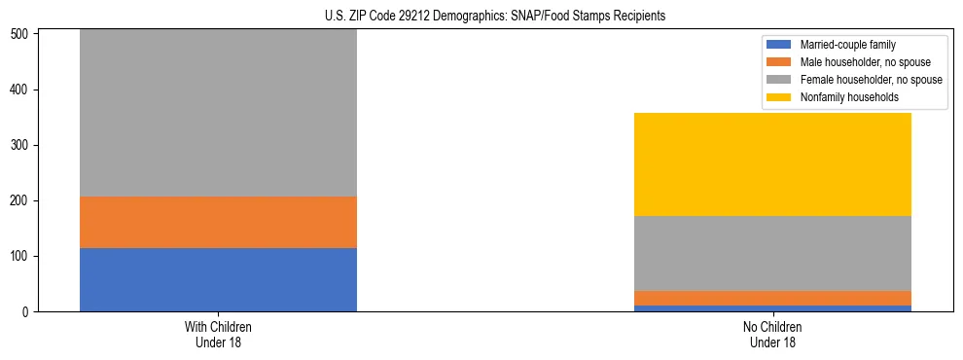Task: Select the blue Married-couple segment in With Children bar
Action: pos(218,279)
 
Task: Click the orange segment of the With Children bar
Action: pos(218,222)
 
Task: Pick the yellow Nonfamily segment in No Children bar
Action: pos(772,164)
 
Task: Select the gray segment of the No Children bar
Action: pos(772,253)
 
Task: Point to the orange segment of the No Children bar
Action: pos(772,298)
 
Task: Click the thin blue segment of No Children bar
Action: pos(772,308)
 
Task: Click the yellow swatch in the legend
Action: pos(779,97)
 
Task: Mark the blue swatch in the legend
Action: pos(779,45)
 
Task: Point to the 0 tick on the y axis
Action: pos(27,312)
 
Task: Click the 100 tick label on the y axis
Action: pos(21,257)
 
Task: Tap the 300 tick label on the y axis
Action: pos(21,146)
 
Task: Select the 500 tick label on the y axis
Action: pos(21,35)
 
